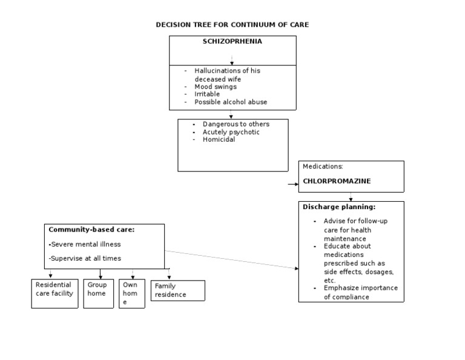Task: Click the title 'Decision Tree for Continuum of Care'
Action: (232, 25)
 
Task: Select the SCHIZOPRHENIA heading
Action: (232, 42)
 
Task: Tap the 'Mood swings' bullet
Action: (216, 87)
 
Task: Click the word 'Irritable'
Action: (208, 95)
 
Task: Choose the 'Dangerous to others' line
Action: (236, 124)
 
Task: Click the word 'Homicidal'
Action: (219, 139)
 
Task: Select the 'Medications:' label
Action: (323, 166)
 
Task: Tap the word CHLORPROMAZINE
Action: (337, 181)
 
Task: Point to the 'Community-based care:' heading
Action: (91, 230)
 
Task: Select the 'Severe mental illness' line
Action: (85, 244)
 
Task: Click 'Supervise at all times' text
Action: (85, 258)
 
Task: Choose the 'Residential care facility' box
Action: (54, 293)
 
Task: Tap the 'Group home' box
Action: (98, 293)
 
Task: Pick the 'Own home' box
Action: (131, 293)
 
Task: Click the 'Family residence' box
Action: (177, 290)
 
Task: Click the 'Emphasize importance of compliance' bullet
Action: (360, 292)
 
